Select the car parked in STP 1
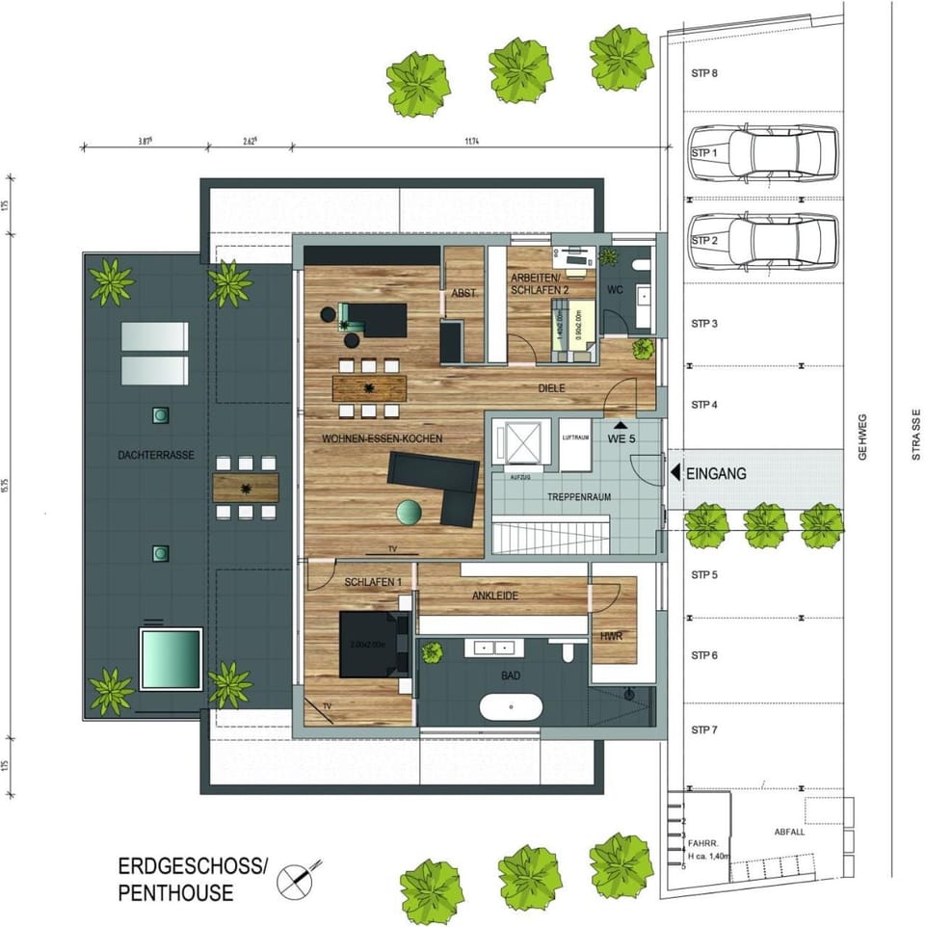781,153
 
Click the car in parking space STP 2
781,241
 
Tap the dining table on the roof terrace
246,487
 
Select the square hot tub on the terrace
172,658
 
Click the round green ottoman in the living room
410,513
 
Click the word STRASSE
916,434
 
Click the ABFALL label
789,833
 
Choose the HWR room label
612,637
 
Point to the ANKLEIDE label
495,596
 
